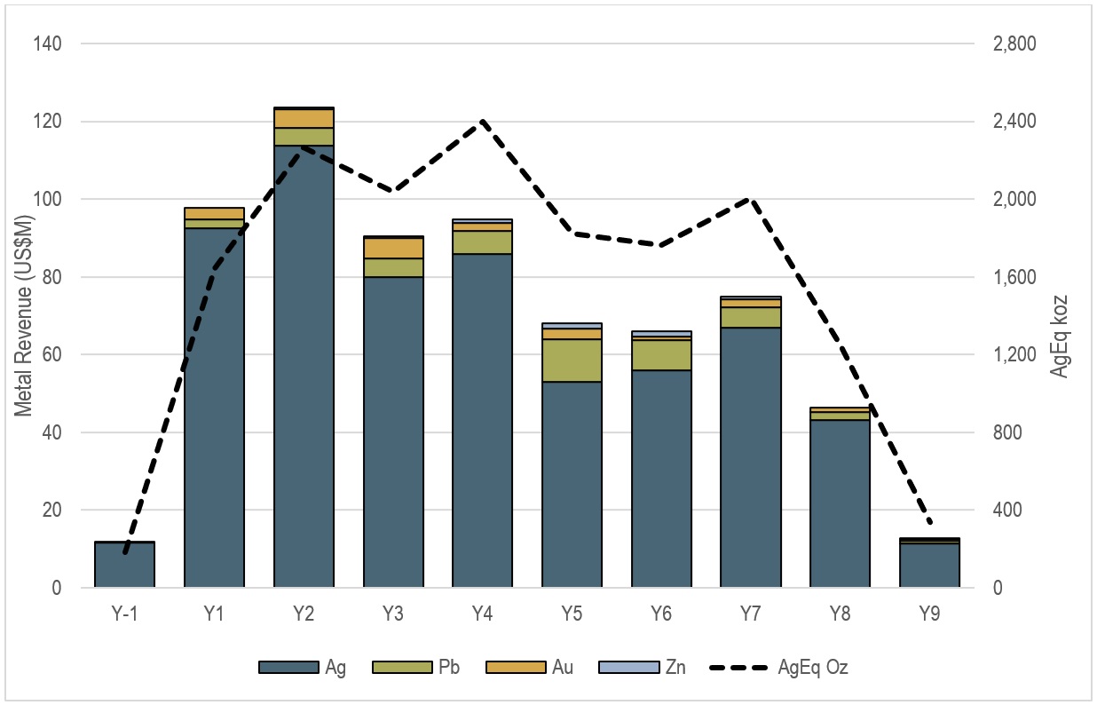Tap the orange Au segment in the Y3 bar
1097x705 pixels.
393,248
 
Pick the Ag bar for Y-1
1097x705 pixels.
125,565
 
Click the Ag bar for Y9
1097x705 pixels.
929,566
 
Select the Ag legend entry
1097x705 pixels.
303,667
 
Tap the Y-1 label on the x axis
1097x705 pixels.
125,614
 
